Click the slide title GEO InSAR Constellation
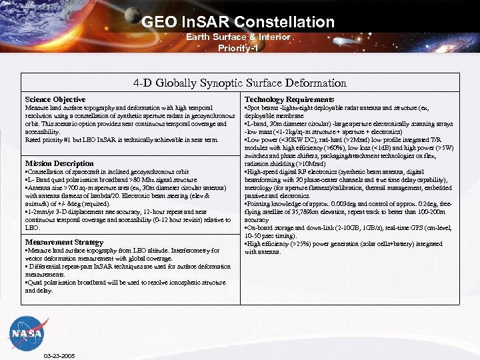click(237, 22)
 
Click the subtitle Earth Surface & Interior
click(237, 37)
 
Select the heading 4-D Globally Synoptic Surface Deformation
click(240, 83)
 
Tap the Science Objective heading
click(55, 99)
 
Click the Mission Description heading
click(59, 163)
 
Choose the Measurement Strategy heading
click(63, 242)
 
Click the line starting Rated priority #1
click(121, 139)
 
